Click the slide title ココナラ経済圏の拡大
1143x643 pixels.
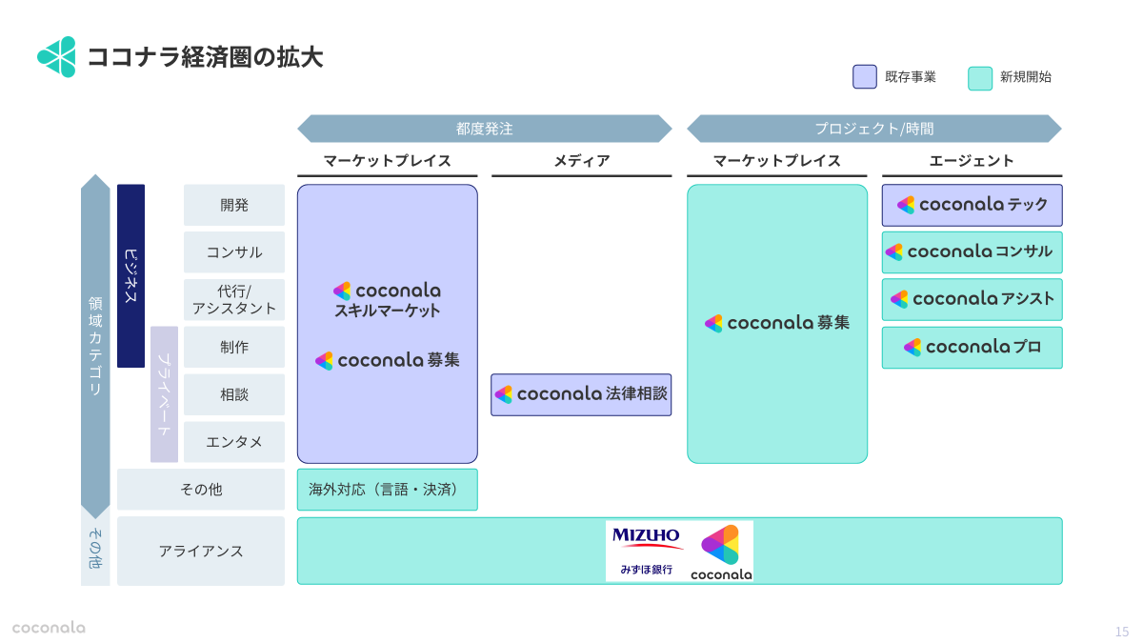(205, 57)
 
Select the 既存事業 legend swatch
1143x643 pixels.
(864, 77)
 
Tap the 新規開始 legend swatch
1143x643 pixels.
(979, 77)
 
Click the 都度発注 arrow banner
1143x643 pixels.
(484, 129)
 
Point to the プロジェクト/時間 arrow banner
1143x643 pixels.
(873, 129)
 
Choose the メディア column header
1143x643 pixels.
(581, 161)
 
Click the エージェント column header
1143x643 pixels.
(972, 161)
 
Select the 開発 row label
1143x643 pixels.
(234, 205)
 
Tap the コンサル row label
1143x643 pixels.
(234, 252)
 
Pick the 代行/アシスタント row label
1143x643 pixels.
(234, 299)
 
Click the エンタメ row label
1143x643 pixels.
(234, 442)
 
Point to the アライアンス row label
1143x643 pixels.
(201, 551)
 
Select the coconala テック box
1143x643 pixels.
(972, 205)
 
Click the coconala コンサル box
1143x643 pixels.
(972, 252)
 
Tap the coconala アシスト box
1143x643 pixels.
(972, 299)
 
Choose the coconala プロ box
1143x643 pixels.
(972, 347)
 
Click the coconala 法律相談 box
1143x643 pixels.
(581, 394)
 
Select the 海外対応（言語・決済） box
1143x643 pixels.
(387, 490)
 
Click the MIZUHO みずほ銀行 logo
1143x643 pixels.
(646, 551)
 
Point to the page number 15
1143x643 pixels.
(1121, 632)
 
